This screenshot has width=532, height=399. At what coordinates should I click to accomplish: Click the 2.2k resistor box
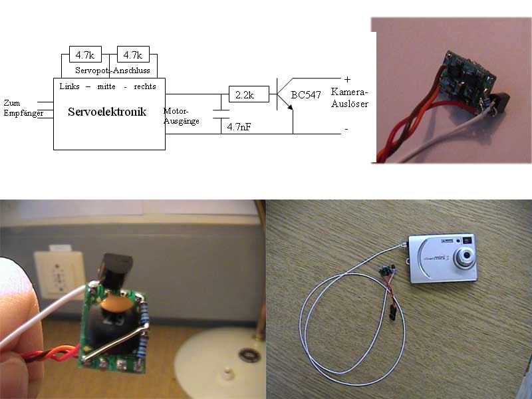click(249, 94)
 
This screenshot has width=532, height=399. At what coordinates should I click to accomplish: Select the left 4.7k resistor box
click(85, 54)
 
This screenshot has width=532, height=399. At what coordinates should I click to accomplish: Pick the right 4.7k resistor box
click(133, 54)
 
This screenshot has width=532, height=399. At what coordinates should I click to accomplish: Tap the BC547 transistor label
click(307, 95)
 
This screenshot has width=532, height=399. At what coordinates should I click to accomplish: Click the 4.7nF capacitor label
click(239, 126)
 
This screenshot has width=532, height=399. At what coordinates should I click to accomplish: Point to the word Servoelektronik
click(108, 112)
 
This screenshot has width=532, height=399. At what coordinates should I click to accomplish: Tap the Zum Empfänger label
click(19, 108)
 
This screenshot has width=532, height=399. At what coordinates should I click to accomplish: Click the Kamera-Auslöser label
click(349, 98)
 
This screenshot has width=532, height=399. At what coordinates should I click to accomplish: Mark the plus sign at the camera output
click(347, 79)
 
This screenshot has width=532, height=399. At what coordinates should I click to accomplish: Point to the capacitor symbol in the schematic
click(220, 114)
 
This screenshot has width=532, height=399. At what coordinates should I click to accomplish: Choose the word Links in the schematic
click(70, 86)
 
